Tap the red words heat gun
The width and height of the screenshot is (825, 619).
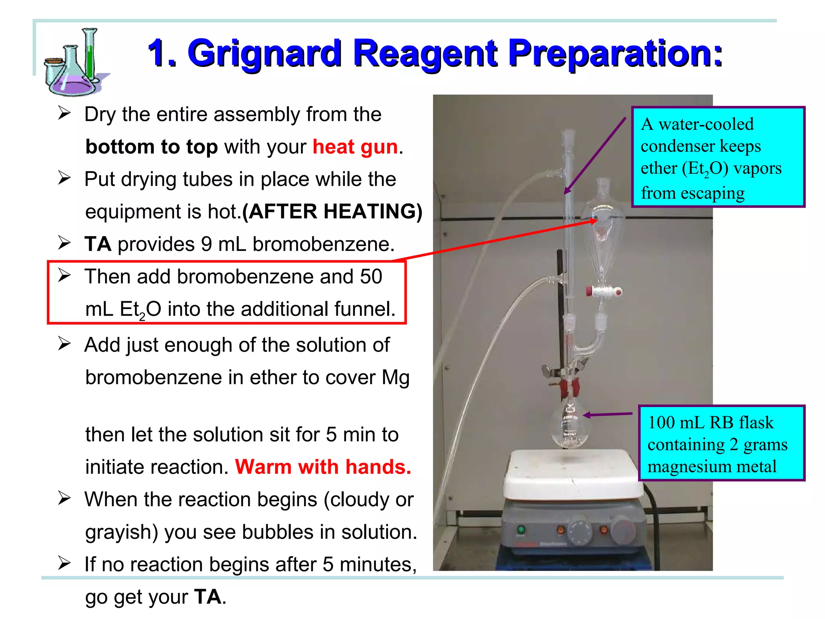pyautogui.click(x=355, y=147)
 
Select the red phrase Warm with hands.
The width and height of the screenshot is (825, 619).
pyautogui.click(x=323, y=467)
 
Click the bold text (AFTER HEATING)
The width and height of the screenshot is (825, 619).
pyautogui.click(x=332, y=212)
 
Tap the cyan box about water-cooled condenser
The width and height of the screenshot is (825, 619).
pyautogui.click(x=717, y=157)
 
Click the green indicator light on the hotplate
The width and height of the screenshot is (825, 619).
pyautogui.click(x=521, y=530)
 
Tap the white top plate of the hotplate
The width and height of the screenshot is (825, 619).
pyautogui.click(x=572, y=472)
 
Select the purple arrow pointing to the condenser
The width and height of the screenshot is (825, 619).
pyautogui.click(x=595, y=155)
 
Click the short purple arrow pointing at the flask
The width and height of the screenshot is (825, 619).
pyautogui.click(x=607, y=414)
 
